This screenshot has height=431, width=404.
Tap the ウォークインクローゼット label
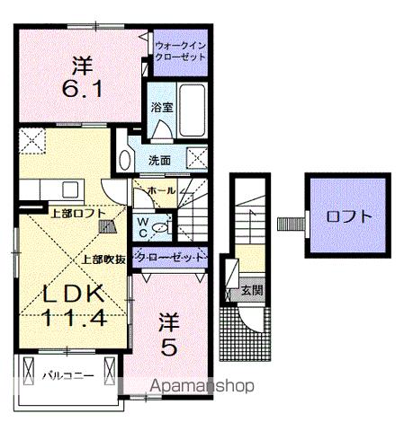tap(180, 48)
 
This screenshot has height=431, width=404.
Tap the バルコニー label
tap(68, 374)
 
